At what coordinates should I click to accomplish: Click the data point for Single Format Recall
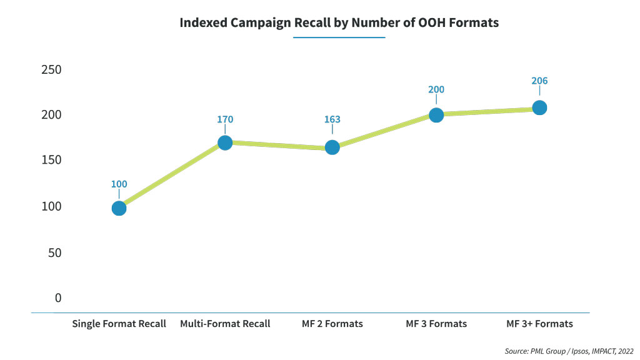coord(119,208)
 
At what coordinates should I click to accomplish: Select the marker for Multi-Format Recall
coord(225,142)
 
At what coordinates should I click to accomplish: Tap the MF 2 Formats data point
coord(332,147)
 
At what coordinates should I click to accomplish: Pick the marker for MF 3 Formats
coord(436,115)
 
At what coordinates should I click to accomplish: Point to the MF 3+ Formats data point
coord(539,107)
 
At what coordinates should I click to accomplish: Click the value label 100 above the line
coord(119,184)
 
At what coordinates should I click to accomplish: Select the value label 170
coord(225,119)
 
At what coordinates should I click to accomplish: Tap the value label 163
coord(332,119)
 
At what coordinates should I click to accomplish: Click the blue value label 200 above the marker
coord(436,89)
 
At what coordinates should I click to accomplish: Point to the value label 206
coord(539,81)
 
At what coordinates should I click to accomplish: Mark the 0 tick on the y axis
coord(58,297)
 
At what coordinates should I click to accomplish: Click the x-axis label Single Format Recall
coord(119,324)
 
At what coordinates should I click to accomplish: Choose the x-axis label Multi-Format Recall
coord(225,324)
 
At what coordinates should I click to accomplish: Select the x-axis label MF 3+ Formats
coord(539,324)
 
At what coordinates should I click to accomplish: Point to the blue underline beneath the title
coord(339,37)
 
